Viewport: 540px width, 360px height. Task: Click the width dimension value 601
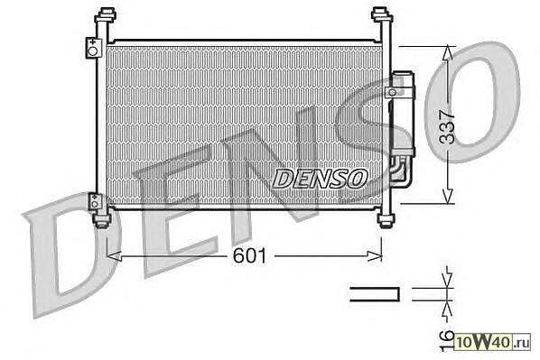[x=249, y=255]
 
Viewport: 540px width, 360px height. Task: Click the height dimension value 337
[x=448, y=127]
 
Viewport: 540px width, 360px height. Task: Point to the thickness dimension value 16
[x=447, y=341]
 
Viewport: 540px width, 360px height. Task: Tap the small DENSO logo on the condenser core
[x=320, y=179]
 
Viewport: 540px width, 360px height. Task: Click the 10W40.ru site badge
[x=492, y=342]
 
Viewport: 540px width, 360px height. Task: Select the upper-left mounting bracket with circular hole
[x=93, y=48]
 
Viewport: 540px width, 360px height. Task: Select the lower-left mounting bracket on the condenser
[x=95, y=201]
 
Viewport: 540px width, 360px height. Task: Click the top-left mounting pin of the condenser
[x=106, y=15]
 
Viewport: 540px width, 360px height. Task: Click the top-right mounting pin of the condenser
[x=382, y=15]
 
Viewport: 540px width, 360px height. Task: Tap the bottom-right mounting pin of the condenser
[x=386, y=220]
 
